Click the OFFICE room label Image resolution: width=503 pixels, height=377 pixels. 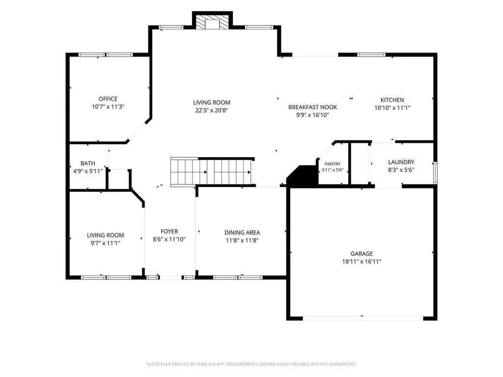108,99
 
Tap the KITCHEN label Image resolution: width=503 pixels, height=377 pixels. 392,100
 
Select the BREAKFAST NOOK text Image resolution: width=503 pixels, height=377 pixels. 312,107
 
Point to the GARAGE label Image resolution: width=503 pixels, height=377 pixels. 362,253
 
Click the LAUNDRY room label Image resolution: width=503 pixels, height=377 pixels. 401,162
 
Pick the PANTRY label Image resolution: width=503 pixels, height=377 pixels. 333,164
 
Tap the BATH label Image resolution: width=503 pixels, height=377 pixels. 87,163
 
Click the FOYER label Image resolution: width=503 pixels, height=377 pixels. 169,231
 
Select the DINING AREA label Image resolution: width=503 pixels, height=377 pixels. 242,232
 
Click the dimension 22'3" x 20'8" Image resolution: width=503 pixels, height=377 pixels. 211,110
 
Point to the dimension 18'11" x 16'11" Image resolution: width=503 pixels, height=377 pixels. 362,261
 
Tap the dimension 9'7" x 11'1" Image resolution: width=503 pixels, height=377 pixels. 105,243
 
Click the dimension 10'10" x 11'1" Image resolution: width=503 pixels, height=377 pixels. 392,108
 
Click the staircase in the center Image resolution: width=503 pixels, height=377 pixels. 212,172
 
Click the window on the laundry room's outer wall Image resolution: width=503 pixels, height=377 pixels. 435,173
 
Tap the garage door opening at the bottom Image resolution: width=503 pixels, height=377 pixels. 363,318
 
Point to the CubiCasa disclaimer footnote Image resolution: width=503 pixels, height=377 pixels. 251,364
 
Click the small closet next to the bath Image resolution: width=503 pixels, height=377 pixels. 119,179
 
